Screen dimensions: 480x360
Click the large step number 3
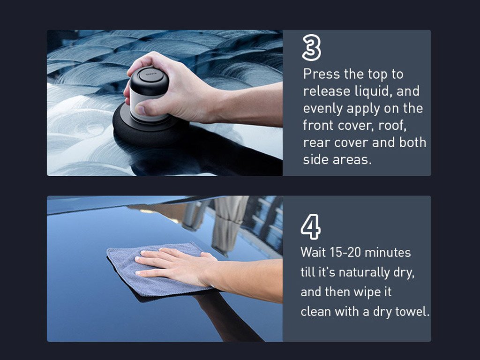311,47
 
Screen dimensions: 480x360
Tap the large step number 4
310,226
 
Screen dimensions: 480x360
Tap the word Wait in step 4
313,253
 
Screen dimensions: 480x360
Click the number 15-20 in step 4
345,253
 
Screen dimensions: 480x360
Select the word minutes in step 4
388,253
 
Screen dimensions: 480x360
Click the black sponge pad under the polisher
147,128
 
